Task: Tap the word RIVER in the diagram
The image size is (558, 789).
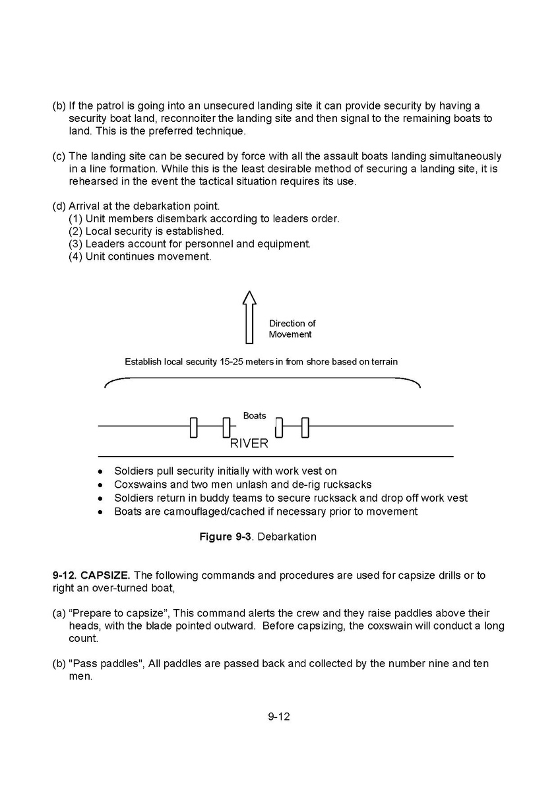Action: point(249,444)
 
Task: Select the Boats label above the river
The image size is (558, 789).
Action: point(255,415)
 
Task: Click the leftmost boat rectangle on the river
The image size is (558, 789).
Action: point(193,427)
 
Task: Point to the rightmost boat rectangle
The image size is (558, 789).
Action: point(305,427)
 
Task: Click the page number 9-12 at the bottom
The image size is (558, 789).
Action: point(279,716)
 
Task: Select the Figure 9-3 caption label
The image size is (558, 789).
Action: point(226,537)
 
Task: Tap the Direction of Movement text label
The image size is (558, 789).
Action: point(292,328)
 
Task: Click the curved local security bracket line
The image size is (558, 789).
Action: point(263,378)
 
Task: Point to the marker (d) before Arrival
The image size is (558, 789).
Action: point(59,206)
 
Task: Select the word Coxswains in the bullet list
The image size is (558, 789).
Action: point(138,484)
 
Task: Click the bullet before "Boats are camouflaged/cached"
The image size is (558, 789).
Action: point(100,512)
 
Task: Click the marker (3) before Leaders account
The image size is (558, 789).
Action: point(76,244)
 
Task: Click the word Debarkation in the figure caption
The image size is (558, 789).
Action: point(287,537)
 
